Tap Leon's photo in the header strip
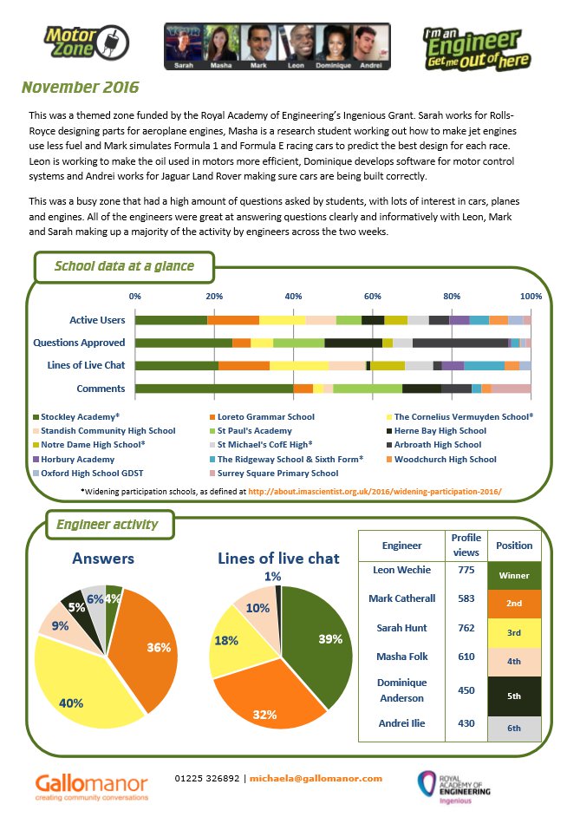(x=296, y=45)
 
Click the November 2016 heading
(x=80, y=88)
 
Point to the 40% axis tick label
(x=293, y=297)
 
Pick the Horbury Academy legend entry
(x=78, y=459)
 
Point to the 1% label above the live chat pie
(x=272, y=576)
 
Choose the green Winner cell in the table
(x=514, y=574)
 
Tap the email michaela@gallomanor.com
(x=316, y=778)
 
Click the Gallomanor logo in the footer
(x=92, y=786)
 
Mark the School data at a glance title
(x=124, y=266)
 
